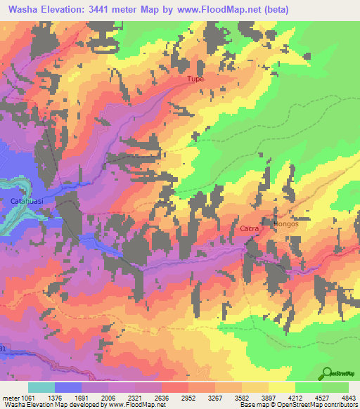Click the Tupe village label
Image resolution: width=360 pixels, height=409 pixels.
(195, 79)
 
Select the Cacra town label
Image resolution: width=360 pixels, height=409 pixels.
(249, 229)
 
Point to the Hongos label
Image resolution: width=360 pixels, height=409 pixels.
(285, 224)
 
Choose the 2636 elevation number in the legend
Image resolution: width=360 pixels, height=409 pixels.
(173, 397)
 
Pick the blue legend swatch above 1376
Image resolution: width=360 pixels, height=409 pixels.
(67, 387)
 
